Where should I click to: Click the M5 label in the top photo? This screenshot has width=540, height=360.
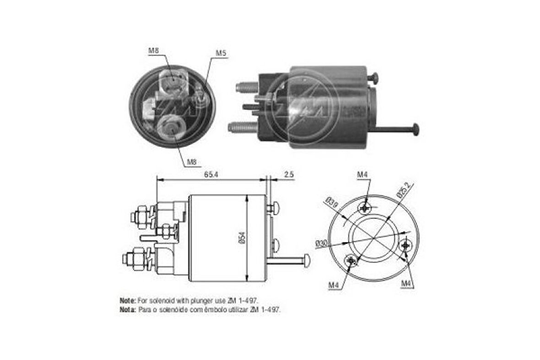tap(221, 53)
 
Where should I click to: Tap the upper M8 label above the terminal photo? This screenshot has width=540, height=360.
tap(153, 51)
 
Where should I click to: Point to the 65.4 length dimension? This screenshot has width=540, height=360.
tap(211, 175)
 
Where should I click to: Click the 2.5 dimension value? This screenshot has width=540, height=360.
tap(288, 175)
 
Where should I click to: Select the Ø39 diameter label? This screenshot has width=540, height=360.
tap(332, 202)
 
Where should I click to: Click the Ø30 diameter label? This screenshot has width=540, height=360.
tap(322, 243)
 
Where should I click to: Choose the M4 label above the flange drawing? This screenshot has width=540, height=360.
tap(362, 175)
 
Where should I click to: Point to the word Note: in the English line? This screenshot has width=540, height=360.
tap(128, 300)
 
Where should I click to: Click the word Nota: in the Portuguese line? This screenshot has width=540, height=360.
tap(128, 310)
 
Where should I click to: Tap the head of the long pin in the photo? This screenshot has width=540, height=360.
tap(416, 130)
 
